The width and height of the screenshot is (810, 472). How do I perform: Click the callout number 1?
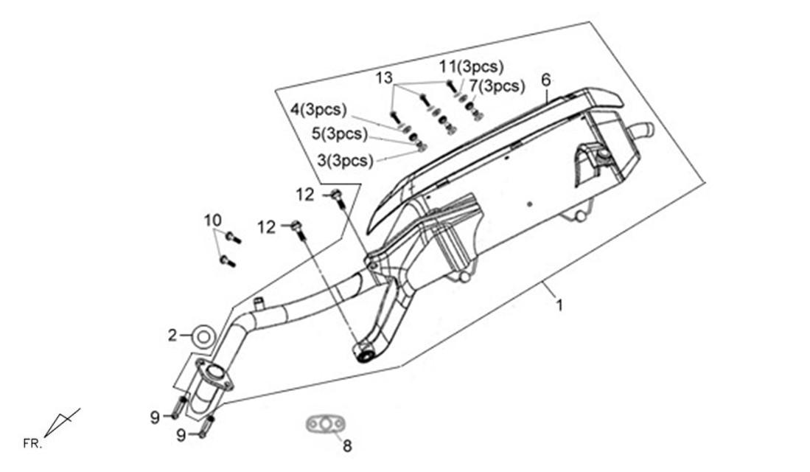pos(559,305)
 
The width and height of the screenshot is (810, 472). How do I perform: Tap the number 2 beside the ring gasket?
pos(172,335)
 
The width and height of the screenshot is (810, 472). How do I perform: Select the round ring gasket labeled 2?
pos(203,338)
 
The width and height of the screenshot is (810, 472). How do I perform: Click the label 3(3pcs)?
pos(345,161)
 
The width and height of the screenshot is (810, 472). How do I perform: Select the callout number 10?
pos(212,221)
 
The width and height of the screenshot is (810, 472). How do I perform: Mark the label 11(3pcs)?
pos(471,66)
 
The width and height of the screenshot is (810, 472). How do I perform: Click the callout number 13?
pos(384,78)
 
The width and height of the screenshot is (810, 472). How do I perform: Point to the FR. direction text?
pos(32,443)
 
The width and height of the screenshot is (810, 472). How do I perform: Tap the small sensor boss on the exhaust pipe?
pos(259,302)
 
